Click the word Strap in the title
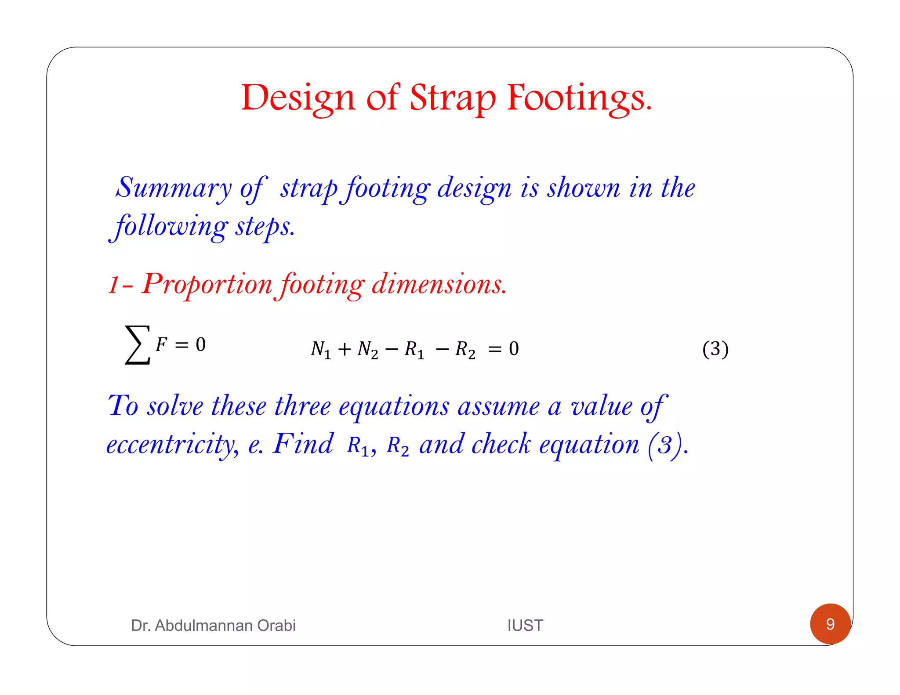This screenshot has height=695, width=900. [x=453, y=98]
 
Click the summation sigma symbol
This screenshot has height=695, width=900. [x=137, y=345]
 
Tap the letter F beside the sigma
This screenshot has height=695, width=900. [x=161, y=344]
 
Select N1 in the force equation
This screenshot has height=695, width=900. [x=320, y=350]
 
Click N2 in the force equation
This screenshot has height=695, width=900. [x=367, y=350]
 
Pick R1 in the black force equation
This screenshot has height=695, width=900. [x=414, y=350]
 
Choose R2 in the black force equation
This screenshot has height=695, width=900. [x=465, y=350]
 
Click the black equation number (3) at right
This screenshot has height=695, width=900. [x=715, y=349]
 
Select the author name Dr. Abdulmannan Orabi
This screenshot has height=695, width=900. [x=213, y=625]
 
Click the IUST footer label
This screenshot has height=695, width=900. [x=525, y=625]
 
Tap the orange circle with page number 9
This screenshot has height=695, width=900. [x=830, y=624]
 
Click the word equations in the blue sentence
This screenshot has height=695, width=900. [x=394, y=406]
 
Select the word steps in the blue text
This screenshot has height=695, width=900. [x=265, y=227]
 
